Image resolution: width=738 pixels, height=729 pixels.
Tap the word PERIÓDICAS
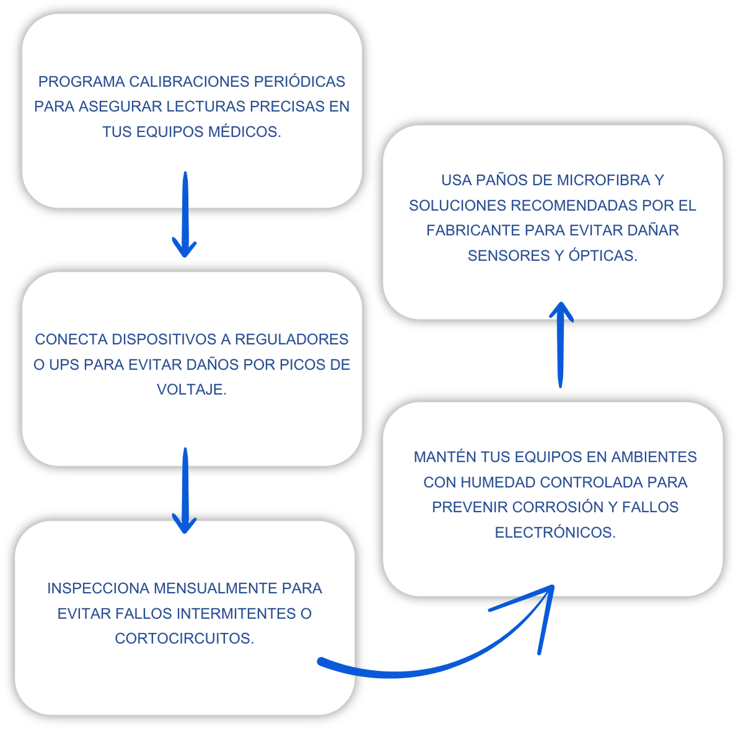point(300,81)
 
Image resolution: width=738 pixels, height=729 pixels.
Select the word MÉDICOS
point(244,131)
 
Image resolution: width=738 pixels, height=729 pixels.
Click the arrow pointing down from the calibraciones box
point(185,214)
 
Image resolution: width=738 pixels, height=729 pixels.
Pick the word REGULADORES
point(291,339)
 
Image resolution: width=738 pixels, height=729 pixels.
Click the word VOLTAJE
point(192,389)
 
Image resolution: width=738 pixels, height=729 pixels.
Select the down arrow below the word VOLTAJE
point(185,490)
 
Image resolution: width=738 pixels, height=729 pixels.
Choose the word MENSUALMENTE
point(216,588)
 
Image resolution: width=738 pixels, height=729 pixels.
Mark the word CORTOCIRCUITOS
point(185,638)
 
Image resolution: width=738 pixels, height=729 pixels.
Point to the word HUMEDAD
point(498,482)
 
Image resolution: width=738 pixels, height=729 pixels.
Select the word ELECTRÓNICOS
point(555,532)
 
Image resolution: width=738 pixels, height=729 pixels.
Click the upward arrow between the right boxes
point(561,345)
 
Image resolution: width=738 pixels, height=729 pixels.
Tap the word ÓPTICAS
point(603,255)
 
